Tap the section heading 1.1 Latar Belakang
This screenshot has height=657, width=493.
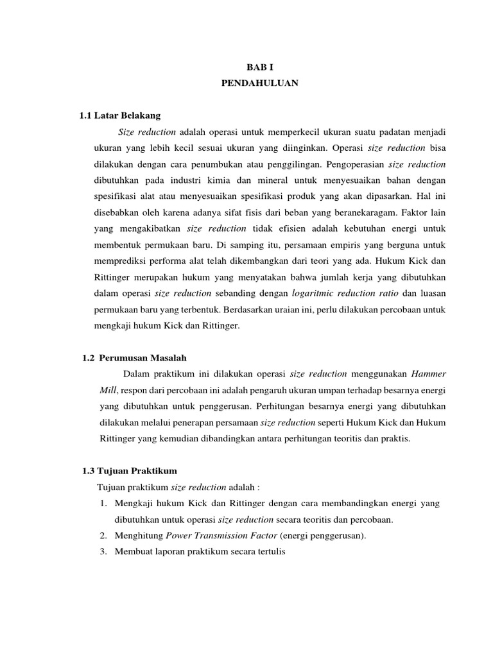119,116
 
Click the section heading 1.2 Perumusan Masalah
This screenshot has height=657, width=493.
135,357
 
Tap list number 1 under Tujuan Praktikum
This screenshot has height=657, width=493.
104,504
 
